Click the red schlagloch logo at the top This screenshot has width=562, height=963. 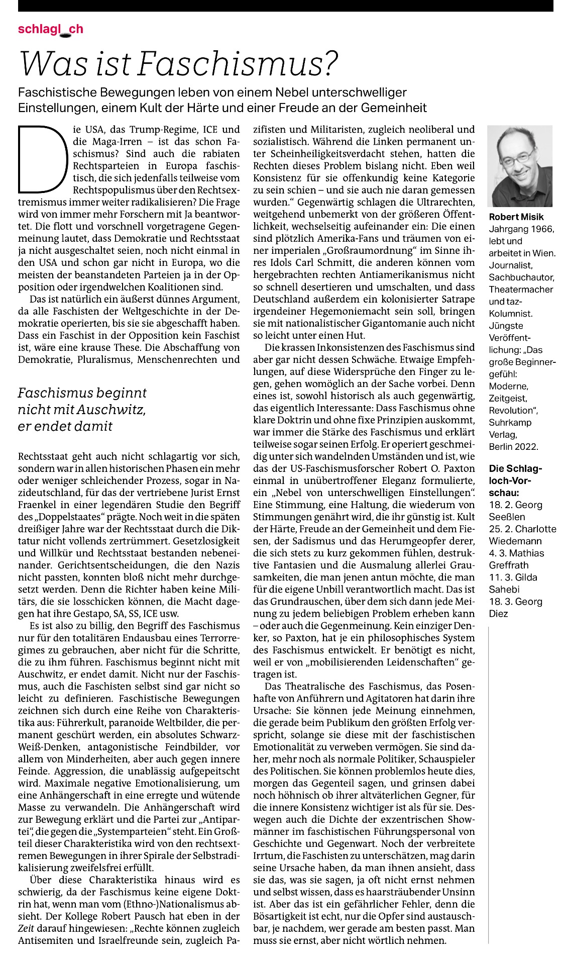50,29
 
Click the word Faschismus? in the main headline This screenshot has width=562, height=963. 238,64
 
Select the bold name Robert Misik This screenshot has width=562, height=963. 516,217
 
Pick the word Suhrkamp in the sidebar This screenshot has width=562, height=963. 510,422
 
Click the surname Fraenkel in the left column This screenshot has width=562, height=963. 37,505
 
